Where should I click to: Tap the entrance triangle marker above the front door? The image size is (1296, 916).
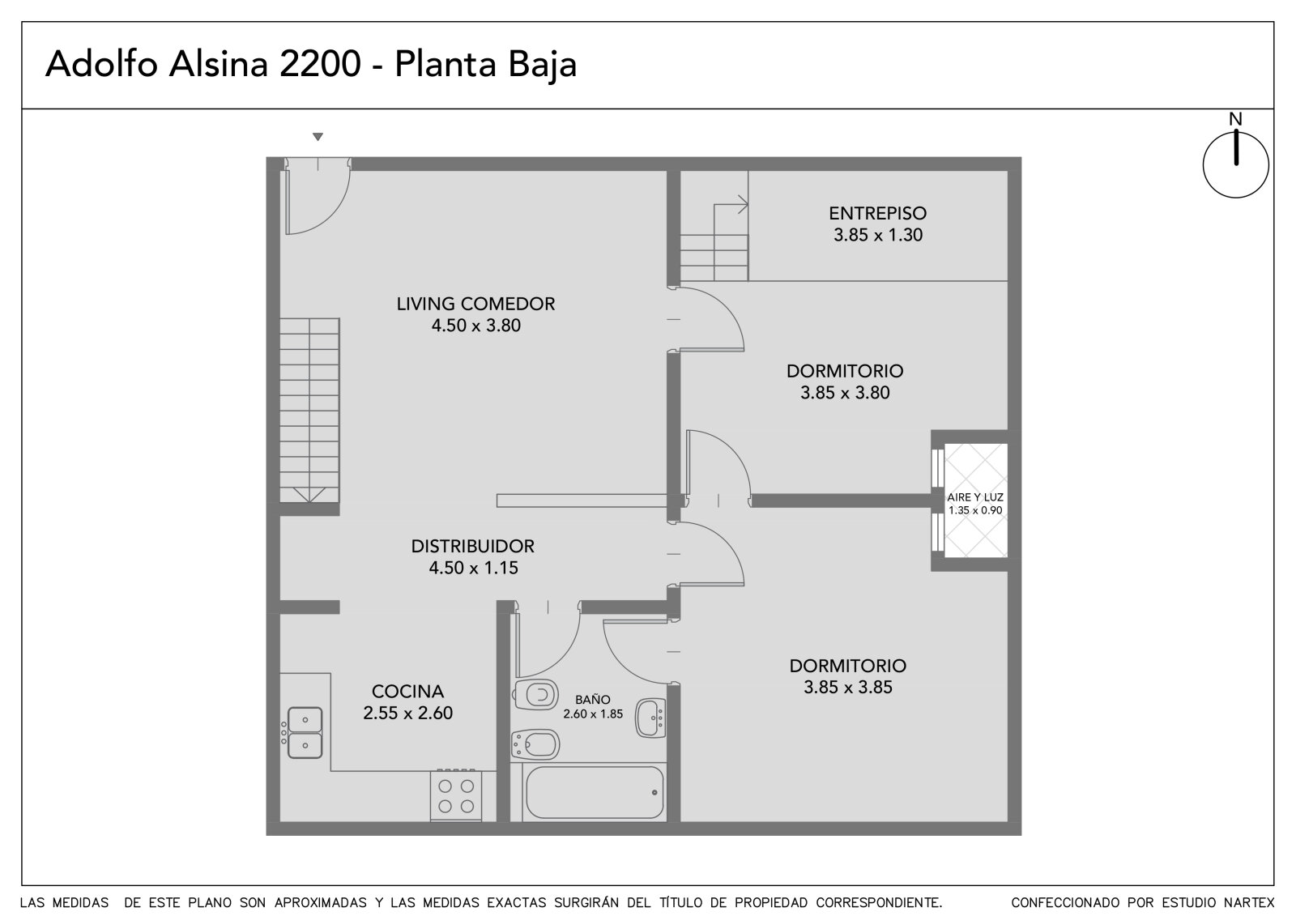pyautogui.click(x=318, y=137)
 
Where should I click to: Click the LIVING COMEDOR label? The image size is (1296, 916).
pyautogui.click(x=475, y=304)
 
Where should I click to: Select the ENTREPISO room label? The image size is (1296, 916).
pyautogui.click(x=878, y=214)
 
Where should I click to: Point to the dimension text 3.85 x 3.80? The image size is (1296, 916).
pyautogui.click(x=845, y=393)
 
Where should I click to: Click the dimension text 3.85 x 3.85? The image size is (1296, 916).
pyautogui.click(x=847, y=688)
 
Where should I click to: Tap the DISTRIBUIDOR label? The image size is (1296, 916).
pyautogui.click(x=473, y=546)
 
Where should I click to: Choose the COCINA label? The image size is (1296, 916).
pyautogui.click(x=408, y=692)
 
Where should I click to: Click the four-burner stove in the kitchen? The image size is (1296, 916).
pyautogui.click(x=456, y=795)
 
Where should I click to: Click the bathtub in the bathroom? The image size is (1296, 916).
pyautogui.click(x=595, y=792)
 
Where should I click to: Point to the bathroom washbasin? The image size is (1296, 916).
pyautogui.click(x=651, y=718)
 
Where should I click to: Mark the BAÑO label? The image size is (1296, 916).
pyautogui.click(x=592, y=700)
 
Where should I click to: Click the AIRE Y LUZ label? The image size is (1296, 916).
pyautogui.click(x=975, y=497)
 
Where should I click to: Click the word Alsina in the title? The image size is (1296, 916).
pyautogui.click(x=219, y=64)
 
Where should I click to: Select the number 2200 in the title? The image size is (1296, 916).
pyautogui.click(x=321, y=64)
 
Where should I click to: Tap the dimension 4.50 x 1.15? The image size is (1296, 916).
pyautogui.click(x=473, y=569)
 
